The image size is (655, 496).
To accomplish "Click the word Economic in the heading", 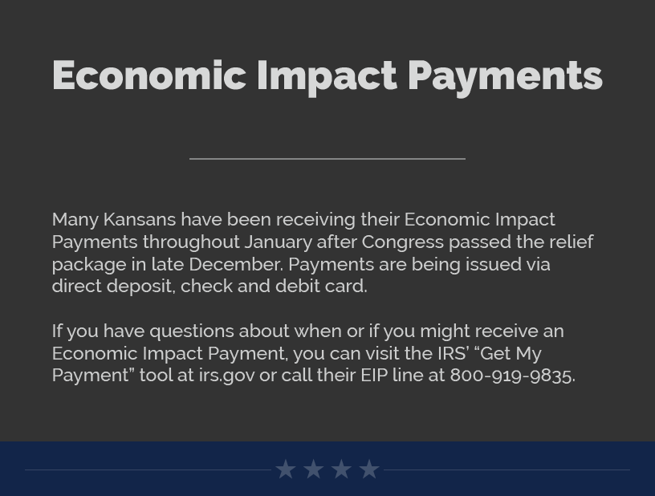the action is [x=149, y=75].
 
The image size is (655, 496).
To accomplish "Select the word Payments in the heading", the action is [x=506, y=78].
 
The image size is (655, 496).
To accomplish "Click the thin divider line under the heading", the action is [x=327, y=159].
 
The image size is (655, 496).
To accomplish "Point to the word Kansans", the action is [x=140, y=220].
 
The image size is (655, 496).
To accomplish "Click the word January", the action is [x=278, y=242].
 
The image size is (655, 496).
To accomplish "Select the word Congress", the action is [x=402, y=242].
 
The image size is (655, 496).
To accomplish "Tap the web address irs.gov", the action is [x=226, y=376].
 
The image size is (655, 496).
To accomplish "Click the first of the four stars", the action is [x=286, y=470].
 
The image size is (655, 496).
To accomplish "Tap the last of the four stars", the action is [x=369, y=470].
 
